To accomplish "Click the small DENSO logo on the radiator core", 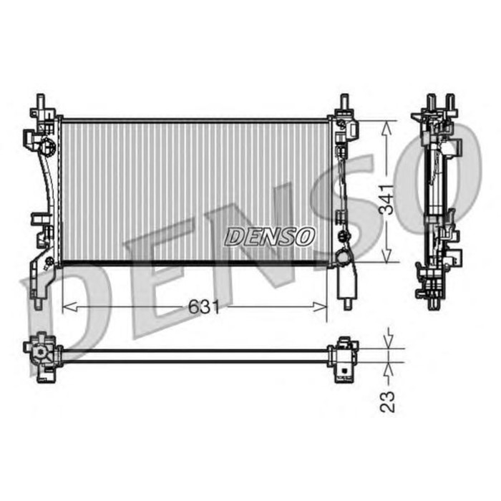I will click(271, 235).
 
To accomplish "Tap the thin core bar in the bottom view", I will click(193, 354).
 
